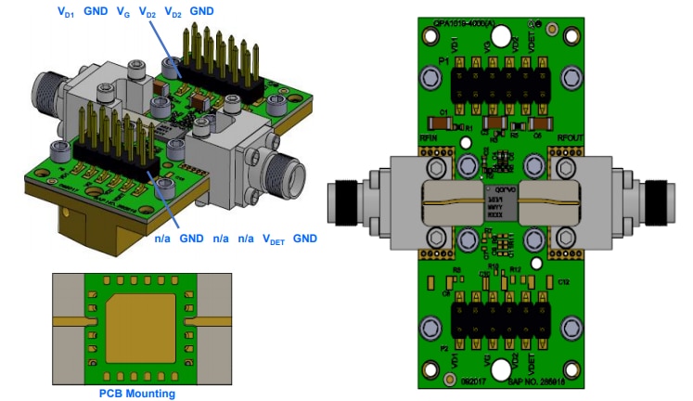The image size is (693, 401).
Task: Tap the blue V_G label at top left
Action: [x=122, y=12]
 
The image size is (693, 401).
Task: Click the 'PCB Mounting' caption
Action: [x=136, y=394]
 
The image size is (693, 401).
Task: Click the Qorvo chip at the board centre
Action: [x=499, y=202]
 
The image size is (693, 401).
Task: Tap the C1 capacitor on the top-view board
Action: [x=435, y=123]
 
